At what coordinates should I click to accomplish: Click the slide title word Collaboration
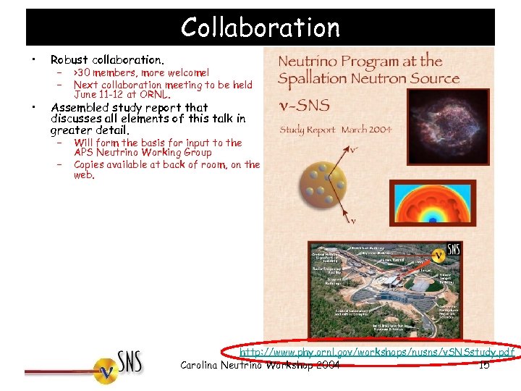coord(260,28)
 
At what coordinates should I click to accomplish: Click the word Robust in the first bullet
coord(69,59)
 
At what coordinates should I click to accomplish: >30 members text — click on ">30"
coord(82,72)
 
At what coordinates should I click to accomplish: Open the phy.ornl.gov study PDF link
coord(377,353)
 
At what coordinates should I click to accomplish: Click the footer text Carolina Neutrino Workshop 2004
coord(260,366)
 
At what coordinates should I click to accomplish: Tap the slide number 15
coord(484,366)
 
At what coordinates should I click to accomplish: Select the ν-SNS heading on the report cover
coord(304,106)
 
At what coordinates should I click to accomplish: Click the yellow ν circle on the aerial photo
coord(438,256)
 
